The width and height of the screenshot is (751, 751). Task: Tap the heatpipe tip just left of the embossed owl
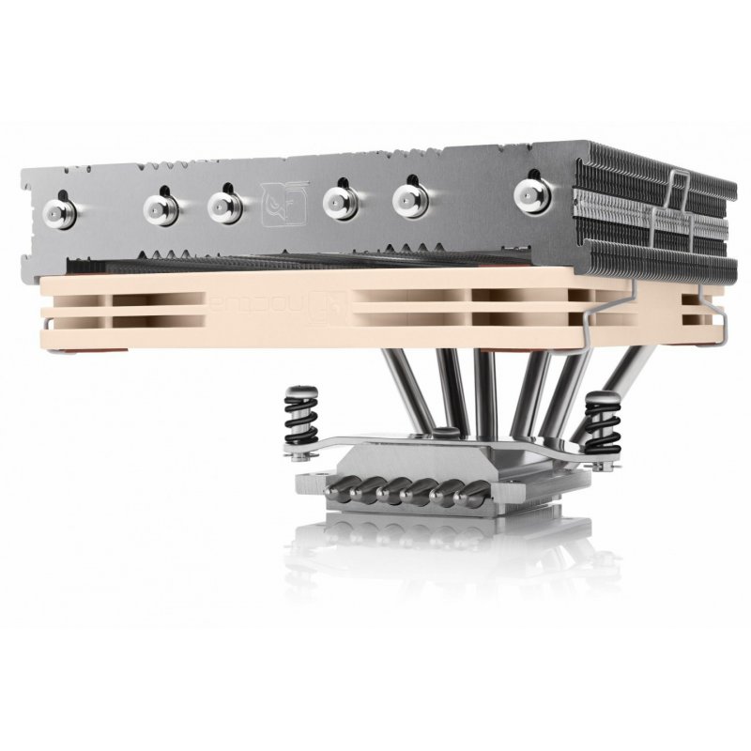pos(225,205)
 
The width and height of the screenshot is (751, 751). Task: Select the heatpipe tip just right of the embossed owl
pos(339,201)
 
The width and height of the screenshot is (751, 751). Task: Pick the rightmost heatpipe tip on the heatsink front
pos(533,193)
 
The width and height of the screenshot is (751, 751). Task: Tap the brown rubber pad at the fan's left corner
pos(66,355)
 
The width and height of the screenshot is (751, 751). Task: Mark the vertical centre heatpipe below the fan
pos(485,394)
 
